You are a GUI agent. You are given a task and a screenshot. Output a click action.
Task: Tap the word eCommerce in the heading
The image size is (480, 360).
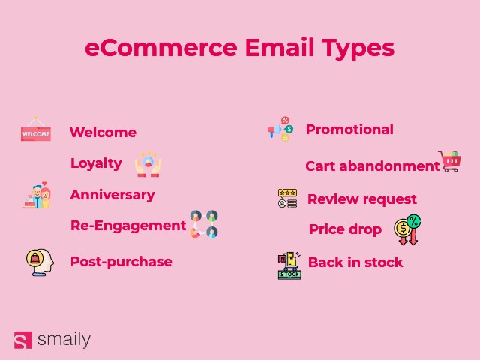[x=161, y=48]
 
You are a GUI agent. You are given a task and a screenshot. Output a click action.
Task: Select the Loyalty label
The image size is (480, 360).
[x=97, y=163]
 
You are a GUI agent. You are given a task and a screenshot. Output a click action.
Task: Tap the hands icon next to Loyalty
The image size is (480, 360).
[x=148, y=164]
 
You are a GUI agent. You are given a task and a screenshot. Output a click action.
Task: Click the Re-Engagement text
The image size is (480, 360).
[x=128, y=226]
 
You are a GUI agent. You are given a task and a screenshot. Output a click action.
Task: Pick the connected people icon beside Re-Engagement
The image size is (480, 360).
[x=204, y=224]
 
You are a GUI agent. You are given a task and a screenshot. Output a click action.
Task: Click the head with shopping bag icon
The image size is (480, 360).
[x=40, y=262]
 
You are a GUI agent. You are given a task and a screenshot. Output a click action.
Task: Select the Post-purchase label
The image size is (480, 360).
[x=121, y=262]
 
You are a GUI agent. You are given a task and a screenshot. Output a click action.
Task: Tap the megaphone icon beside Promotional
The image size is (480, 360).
[x=280, y=129]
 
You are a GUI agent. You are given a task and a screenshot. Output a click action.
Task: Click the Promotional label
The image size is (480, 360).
[x=350, y=130]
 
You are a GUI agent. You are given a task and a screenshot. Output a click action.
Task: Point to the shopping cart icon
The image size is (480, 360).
[x=449, y=161]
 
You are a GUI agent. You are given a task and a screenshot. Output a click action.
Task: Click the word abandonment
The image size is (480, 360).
[x=389, y=166]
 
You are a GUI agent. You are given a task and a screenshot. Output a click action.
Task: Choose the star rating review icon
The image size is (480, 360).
[x=288, y=199]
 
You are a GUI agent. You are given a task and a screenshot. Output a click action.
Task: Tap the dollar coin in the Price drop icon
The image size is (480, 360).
[x=402, y=228]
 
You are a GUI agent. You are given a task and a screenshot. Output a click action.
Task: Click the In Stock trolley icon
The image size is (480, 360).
[x=289, y=265]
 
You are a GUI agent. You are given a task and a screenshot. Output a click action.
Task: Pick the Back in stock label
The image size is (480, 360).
[x=355, y=262]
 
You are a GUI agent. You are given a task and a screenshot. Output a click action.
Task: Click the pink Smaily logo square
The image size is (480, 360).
[x=23, y=340]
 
